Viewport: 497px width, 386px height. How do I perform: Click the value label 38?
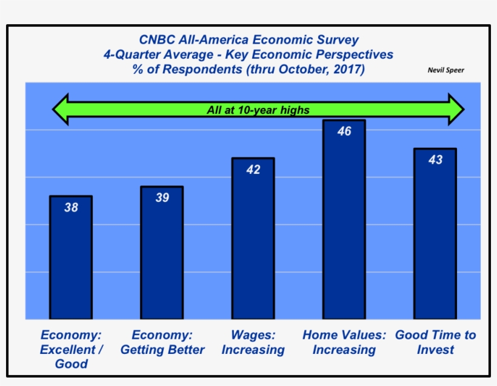click(x=71, y=208)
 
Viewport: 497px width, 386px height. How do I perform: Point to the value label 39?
click(x=162, y=198)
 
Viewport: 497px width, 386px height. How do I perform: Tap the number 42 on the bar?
click(x=253, y=170)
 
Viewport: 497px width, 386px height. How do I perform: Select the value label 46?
click(x=344, y=131)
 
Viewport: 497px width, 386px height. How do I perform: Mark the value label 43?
click(x=435, y=160)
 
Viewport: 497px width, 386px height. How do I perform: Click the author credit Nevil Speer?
click(x=445, y=70)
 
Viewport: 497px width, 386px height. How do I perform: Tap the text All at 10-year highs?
click(x=258, y=110)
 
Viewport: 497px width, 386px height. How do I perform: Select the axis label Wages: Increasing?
click(x=253, y=342)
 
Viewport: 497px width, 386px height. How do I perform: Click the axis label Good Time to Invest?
click(x=435, y=342)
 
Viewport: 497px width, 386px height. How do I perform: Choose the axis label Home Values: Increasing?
click(x=344, y=342)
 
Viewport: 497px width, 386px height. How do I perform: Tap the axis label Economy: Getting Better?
click(x=162, y=342)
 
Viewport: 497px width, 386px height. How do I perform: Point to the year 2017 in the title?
click(x=347, y=69)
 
